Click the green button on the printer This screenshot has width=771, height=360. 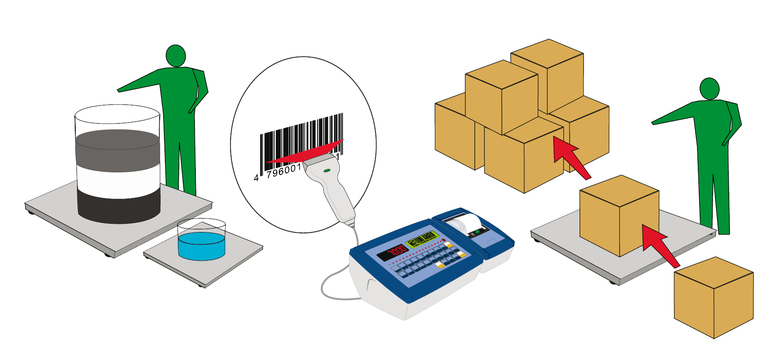(477, 232)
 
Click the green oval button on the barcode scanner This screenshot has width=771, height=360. (327, 170)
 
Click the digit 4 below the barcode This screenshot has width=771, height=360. (256, 178)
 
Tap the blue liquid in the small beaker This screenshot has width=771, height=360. (201, 246)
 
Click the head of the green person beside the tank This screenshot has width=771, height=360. (176, 56)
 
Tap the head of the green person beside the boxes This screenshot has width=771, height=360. (709, 89)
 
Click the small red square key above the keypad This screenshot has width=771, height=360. (444, 240)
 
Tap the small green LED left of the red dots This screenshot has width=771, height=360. (390, 264)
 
